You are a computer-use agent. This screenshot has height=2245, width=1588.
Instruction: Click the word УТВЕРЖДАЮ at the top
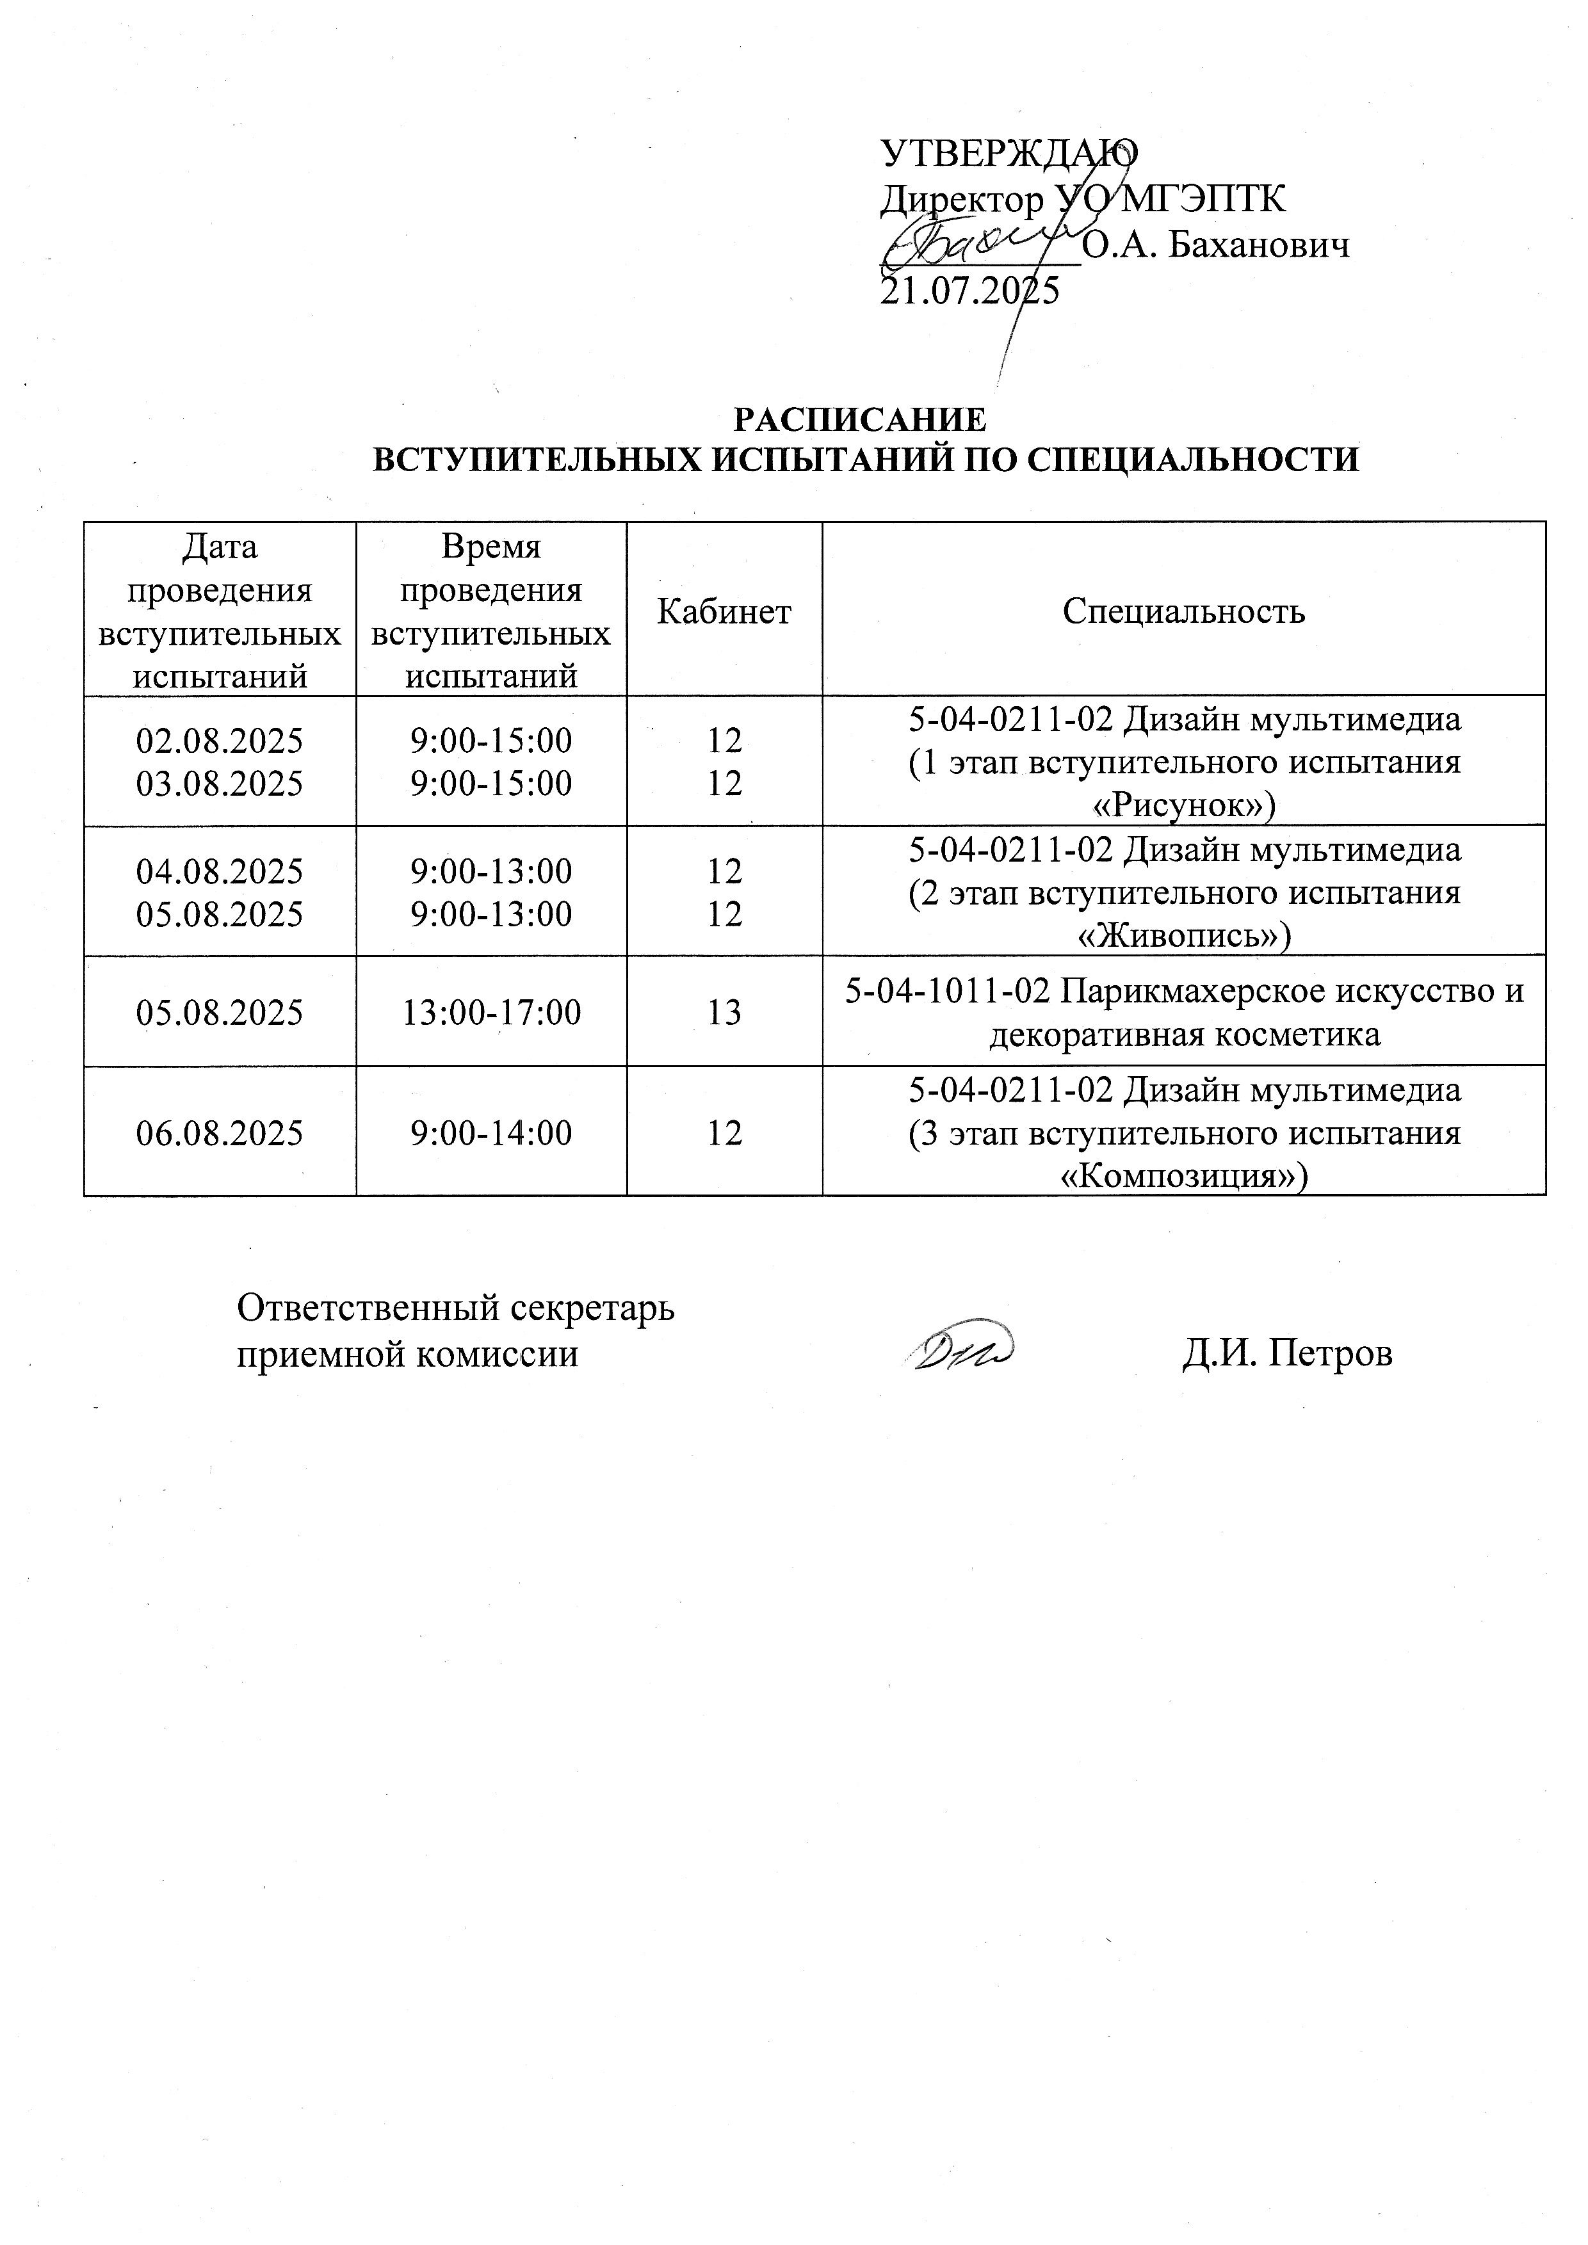(1009, 152)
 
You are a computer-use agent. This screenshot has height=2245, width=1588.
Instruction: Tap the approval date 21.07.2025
(970, 291)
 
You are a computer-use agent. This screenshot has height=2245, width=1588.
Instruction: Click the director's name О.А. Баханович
(1217, 245)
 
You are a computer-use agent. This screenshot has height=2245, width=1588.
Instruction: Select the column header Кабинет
(724, 612)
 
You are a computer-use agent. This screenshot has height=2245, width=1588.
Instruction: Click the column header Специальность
(1183, 612)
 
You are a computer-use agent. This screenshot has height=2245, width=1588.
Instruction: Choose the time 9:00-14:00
(491, 1133)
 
